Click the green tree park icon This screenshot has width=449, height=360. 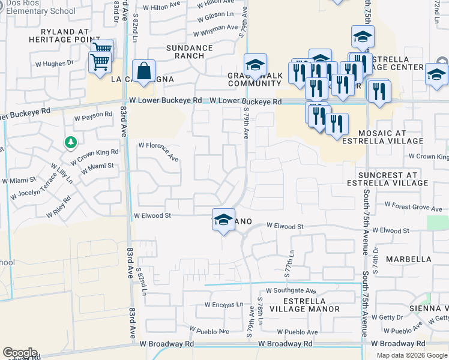[71, 143]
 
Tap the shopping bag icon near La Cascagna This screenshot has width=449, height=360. [144, 71]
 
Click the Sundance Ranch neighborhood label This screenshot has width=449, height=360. [189, 52]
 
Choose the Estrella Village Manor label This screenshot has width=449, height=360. [304, 305]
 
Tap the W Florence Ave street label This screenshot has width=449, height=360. [159, 151]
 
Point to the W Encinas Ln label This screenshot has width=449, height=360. [223, 304]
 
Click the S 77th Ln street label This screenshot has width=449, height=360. [289, 262]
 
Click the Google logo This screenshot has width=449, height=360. [20, 353]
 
